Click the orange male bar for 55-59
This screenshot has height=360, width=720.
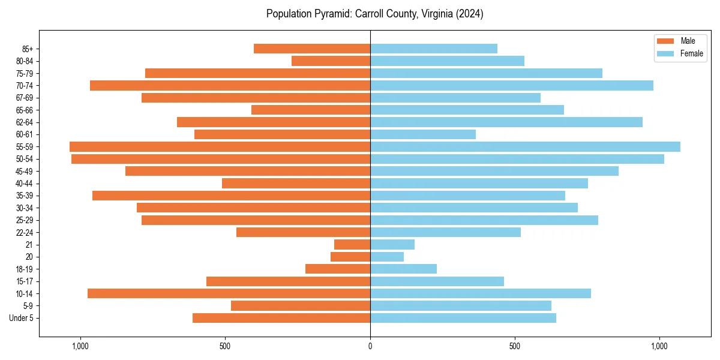[x=220, y=146]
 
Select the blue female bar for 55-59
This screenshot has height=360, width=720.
[x=525, y=146]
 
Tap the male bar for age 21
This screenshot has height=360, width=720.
[x=352, y=244]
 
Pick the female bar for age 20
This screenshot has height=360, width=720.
[x=387, y=257]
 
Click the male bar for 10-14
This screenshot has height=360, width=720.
[x=229, y=293]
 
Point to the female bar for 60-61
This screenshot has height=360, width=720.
[x=423, y=134]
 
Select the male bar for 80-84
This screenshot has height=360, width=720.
[x=331, y=61]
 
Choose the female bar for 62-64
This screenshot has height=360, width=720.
[x=506, y=122]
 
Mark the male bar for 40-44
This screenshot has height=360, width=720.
[x=296, y=183]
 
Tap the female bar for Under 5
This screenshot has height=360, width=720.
[x=463, y=318]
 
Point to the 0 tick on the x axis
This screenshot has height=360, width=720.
[x=370, y=346]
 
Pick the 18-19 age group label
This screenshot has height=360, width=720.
[x=23, y=269]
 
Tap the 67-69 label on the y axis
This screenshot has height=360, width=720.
[x=23, y=98]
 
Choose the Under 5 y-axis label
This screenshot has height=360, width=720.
[x=21, y=318]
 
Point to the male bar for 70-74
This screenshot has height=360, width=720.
[x=230, y=85]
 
